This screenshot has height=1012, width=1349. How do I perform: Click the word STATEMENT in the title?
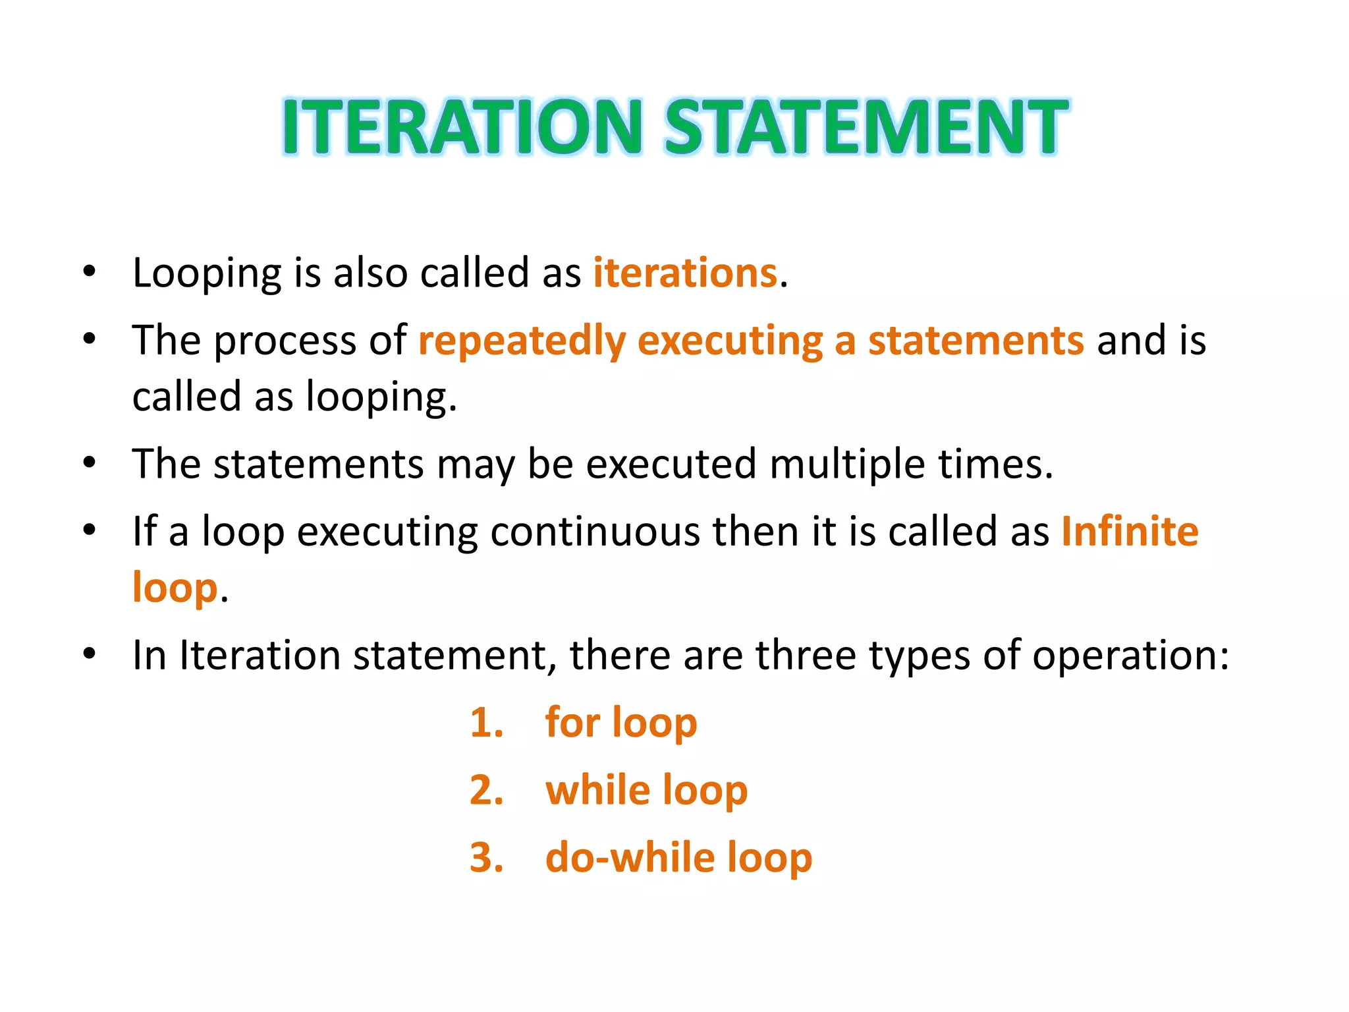click(x=866, y=126)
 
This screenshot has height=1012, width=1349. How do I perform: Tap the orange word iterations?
click(x=685, y=273)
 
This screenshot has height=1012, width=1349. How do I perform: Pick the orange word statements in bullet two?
click(x=976, y=341)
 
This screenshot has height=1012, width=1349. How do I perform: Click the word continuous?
click(x=595, y=531)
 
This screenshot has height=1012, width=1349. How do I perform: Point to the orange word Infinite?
click(x=1130, y=531)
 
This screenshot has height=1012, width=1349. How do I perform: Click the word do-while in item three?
click(x=630, y=857)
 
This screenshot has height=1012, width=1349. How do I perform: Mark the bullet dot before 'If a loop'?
click(x=90, y=530)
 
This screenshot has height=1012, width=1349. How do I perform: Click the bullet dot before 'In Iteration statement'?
click(x=90, y=654)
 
